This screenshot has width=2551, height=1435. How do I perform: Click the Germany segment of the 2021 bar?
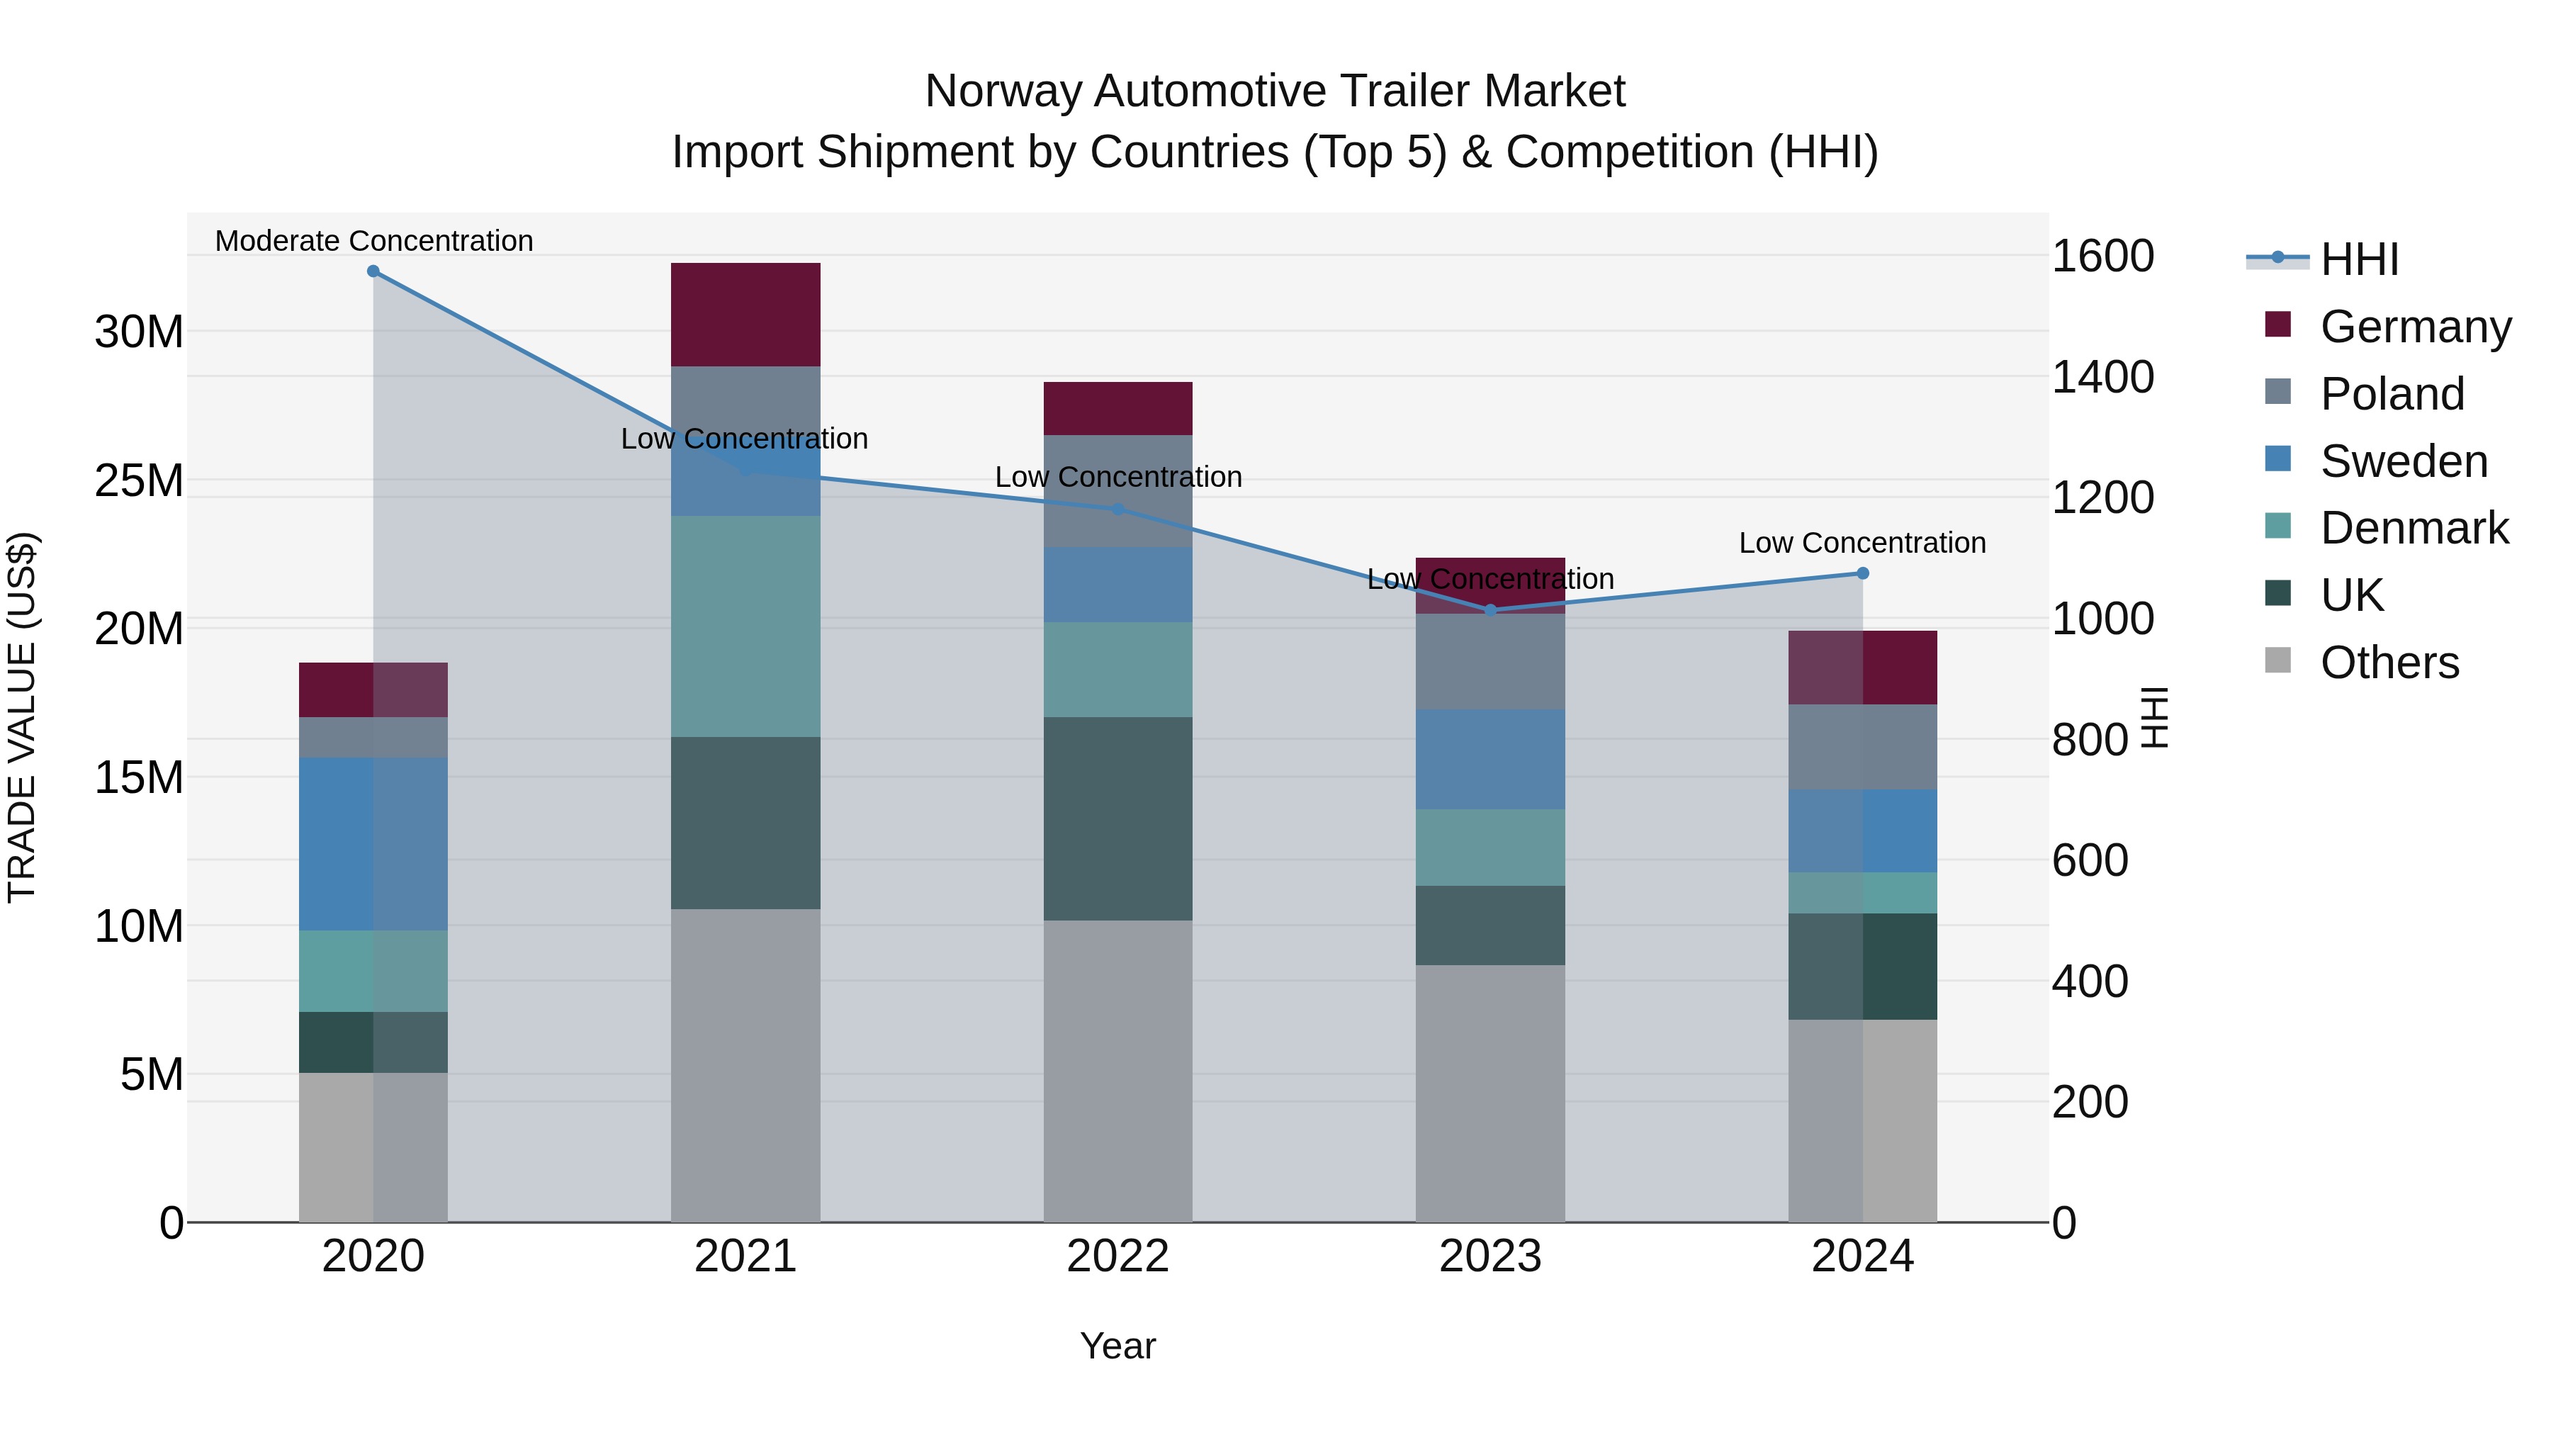click(745, 314)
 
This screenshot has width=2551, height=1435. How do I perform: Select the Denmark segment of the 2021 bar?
click(745, 626)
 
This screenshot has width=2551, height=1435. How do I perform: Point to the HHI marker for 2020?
click(373, 271)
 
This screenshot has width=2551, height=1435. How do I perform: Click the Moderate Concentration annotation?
click(373, 241)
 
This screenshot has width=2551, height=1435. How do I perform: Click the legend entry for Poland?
click(2391, 393)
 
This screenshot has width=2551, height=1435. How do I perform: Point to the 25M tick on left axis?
click(139, 480)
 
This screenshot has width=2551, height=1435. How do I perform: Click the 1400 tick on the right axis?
click(2102, 376)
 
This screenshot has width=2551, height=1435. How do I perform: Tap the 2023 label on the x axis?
click(1490, 1256)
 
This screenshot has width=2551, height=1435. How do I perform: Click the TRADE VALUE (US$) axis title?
click(22, 717)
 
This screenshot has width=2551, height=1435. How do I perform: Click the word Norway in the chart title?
click(1002, 91)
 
